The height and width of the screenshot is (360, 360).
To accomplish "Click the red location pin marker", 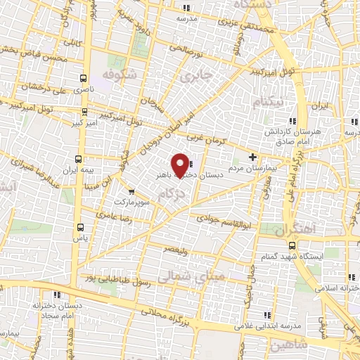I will coord(181,165).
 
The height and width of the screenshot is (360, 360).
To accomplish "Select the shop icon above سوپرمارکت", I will coord(131,191).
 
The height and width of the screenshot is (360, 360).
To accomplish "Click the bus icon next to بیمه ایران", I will coord(79,158).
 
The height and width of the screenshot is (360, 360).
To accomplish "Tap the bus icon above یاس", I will coord(79,226).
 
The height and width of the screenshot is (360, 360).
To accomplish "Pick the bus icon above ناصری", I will coord(84,79).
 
